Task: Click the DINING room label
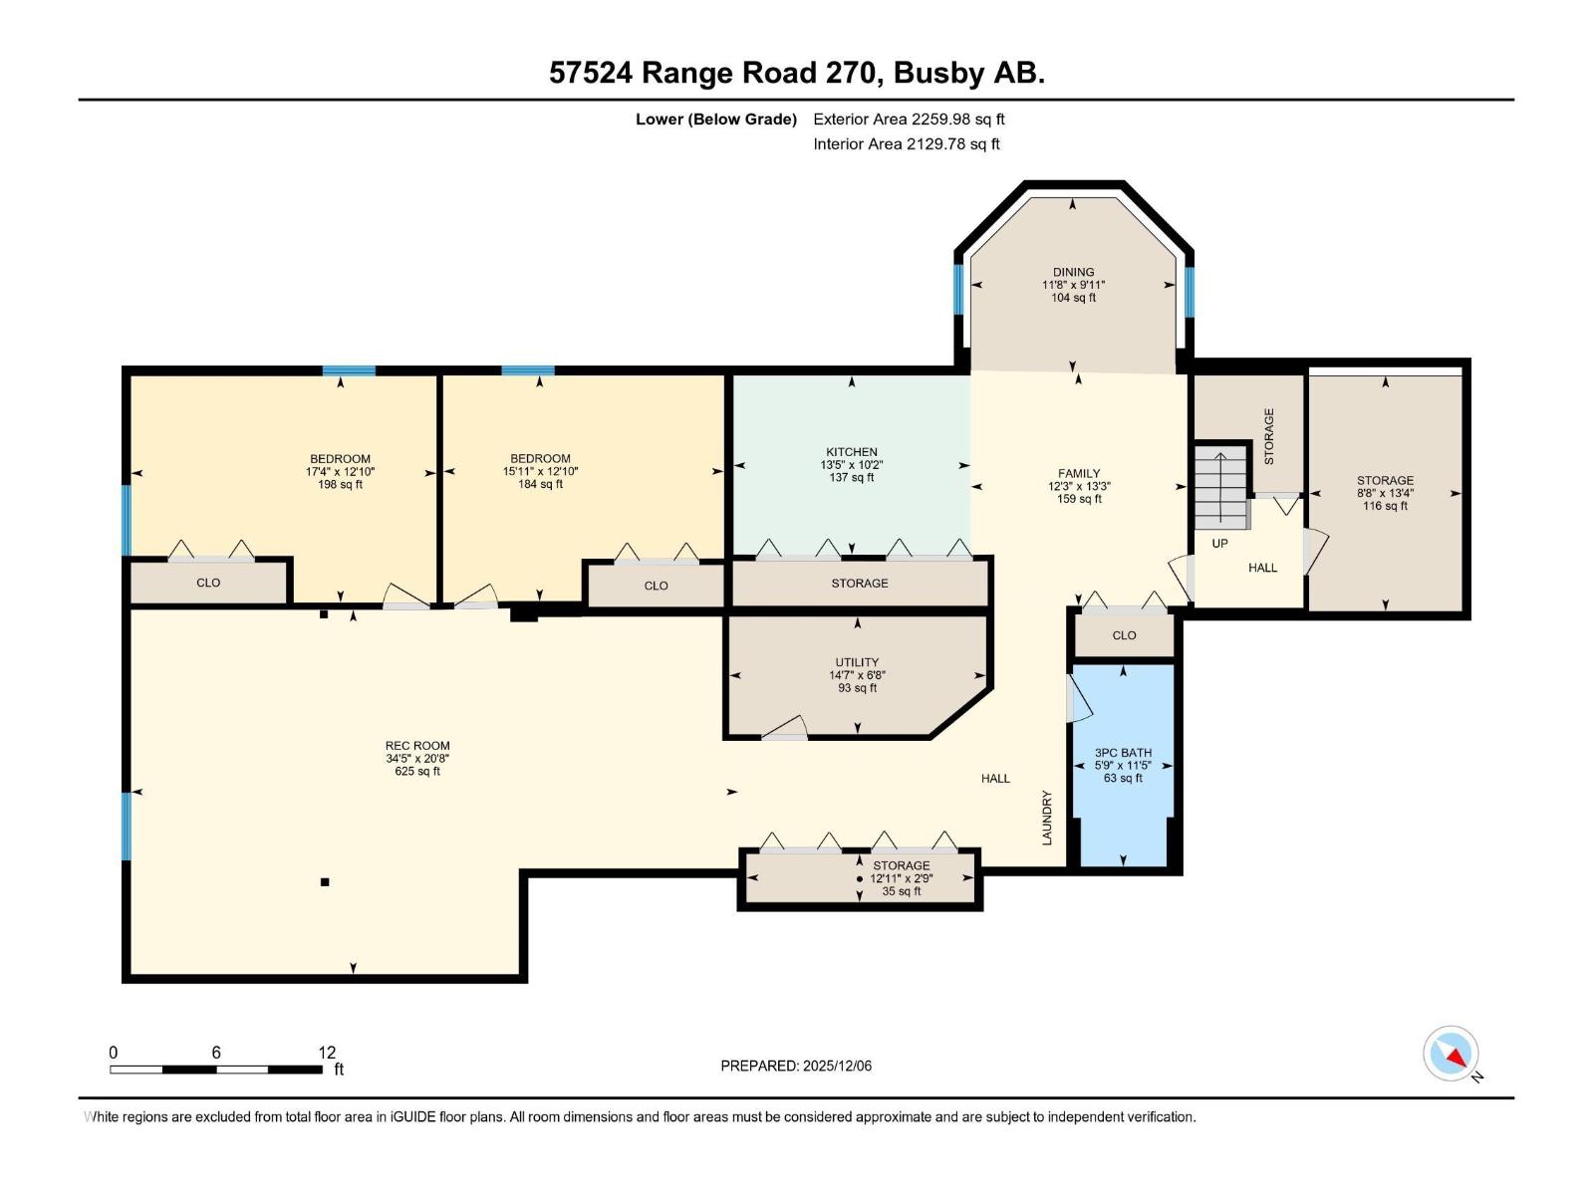[x=1073, y=272]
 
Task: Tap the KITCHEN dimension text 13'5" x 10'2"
[x=851, y=464]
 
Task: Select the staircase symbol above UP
[x=1220, y=486]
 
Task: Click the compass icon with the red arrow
[x=1451, y=1053]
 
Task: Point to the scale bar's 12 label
[x=327, y=1052]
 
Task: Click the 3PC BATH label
[x=1123, y=753]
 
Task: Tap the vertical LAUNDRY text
[x=1046, y=818]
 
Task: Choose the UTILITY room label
[x=857, y=661]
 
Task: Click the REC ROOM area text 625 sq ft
[x=416, y=771]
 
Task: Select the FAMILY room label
[x=1078, y=473]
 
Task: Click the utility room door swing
[x=785, y=727]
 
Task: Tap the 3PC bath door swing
[x=1078, y=698]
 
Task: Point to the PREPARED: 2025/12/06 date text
[x=796, y=1066]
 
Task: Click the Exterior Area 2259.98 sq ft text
[x=909, y=119]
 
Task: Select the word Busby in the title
[x=939, y=74]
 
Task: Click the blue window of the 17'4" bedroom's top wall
[x=349, y=370]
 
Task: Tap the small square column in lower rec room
[x=325, y=882]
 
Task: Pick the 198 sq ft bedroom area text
[x=340, y=484]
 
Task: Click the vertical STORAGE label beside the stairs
[x=1268, y=436]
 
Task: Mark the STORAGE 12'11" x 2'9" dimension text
[x=902, y=878]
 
